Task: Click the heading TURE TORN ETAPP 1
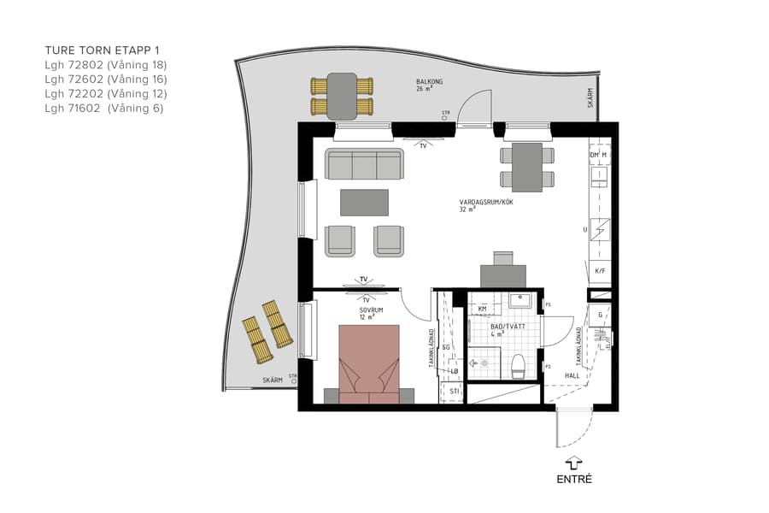tap(102, 50)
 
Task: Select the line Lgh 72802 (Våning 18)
tap(105, 65)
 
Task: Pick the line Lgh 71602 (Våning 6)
tap(103, 109)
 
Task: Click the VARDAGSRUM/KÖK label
tap(486, 203)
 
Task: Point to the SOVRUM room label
tap(371, 310)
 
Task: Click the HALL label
tap(572, 375)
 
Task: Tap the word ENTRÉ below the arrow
tap(573, 479)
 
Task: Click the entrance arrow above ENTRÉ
tap(573, 462)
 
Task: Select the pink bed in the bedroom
tap(369, 363)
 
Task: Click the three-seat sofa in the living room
tap(364, 164)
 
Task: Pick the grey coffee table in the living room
tap(364, 203)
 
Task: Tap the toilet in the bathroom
tap(516, 367)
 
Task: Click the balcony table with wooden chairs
tap(342, 96)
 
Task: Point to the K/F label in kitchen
tap(600, 271)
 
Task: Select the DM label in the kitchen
tap(595, 155)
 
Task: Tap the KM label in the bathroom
tap(483, 309)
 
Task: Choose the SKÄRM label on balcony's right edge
tap(590, 98)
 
